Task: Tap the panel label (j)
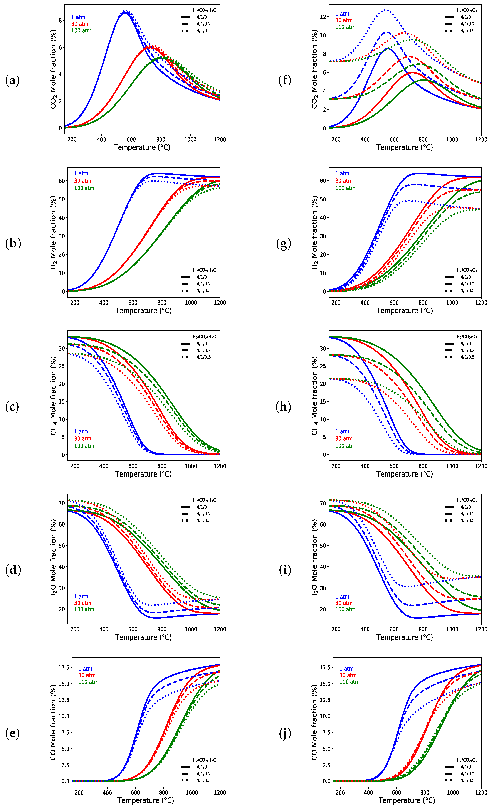tap(285, 734)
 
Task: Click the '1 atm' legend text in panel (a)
tap(78, 17)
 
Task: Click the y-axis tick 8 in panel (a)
tap(60, 20)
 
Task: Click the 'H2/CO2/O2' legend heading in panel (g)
tap(467, 270)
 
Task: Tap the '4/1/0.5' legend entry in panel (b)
tap(203, 290)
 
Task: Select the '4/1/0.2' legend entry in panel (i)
tap(467, 514)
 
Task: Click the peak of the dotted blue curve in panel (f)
tap(385, 10)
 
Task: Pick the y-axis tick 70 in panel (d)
tap(62, 503)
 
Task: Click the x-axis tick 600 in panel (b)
tap(133, 303)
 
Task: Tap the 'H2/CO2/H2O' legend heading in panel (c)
tap(204, 337)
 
